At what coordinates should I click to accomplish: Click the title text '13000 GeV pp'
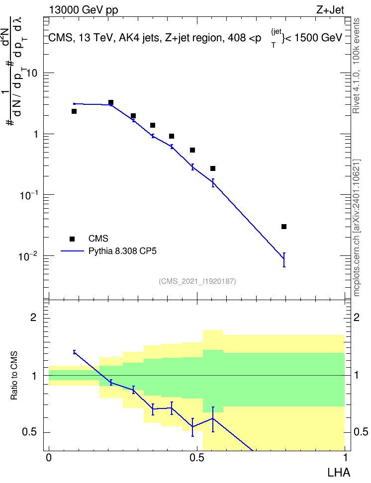84,10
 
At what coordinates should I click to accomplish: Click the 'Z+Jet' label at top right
330,10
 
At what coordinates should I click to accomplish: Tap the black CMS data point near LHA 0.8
284,227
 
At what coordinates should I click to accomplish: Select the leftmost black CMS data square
74,111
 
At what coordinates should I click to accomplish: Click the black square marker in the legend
72,239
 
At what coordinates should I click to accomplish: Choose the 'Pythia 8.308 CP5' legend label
122,251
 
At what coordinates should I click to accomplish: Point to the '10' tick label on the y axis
32,74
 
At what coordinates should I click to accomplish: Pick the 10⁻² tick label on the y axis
28,256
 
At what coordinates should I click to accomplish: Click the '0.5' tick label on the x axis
197,458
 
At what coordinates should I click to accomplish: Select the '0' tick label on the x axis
49,458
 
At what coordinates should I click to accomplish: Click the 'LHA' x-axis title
339,473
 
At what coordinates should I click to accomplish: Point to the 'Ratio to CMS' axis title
14,376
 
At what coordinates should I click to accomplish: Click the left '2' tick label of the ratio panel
33,318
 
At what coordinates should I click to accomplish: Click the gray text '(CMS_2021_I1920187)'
197,281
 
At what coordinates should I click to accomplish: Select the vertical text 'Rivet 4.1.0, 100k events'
356,66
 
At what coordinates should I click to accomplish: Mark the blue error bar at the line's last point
284,260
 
